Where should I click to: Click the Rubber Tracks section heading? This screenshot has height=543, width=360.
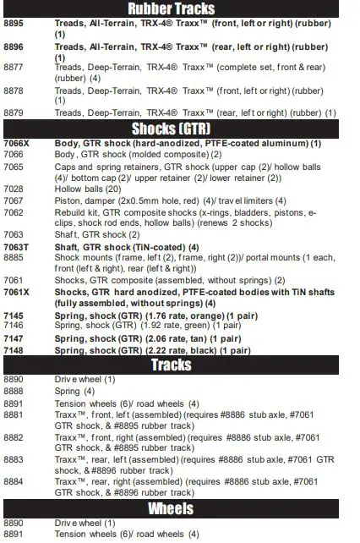(x=179, y=9)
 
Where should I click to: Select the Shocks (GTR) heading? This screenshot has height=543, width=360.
(x=179, y=129)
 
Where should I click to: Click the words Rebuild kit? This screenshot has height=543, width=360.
(x=76, y=211)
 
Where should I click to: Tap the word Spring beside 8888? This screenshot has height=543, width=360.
(x=68, y=392)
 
